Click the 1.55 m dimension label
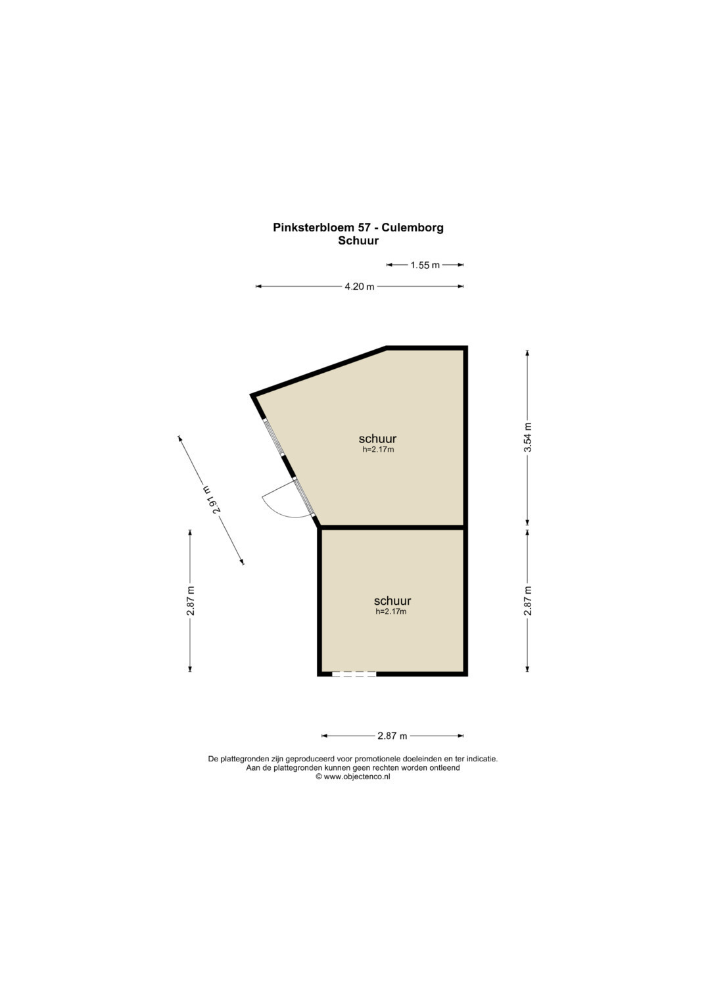click(x=425, y=265)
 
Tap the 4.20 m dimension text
click(x=359, y=287)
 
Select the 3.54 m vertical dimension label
click(x=527, y=437)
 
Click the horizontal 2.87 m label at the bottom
click(x=392, y=736)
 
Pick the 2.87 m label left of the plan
click(x=191, y=600)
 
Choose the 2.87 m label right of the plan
click(x=527, y=600)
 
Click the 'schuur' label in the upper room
click(x=377, y=438)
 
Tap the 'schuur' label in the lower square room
click(x=392, y=600)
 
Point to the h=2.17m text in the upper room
click(x=378, y=450)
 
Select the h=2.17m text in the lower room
click(x=391, y=611)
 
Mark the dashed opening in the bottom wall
click(x=354, y=674)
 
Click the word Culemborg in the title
click(x=413, y=227)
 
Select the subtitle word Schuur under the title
click(x=358, y=241)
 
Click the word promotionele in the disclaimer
click(x=377, y=759)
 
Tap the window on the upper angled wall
click(x=274, y=437)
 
